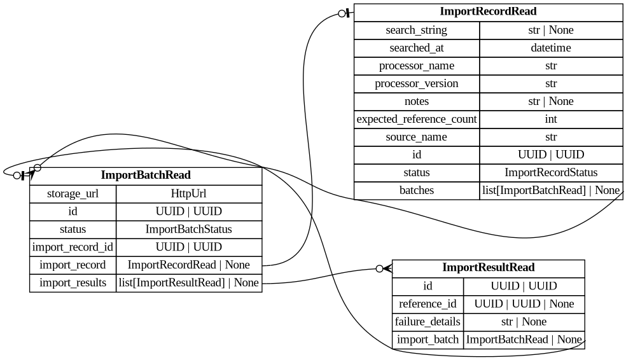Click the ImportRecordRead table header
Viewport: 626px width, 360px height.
coord(488,12)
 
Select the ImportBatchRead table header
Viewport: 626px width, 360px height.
coord(146,176)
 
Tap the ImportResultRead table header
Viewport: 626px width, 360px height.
coord(488,268)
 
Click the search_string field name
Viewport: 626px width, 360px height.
coord(416,30)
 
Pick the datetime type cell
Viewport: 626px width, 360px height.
coord(551,48)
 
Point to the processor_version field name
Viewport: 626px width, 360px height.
coord(416,83)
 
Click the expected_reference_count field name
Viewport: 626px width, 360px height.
coord(416,119)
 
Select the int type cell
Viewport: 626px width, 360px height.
coord(551,119)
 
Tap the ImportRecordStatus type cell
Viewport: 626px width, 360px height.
coord(551,172)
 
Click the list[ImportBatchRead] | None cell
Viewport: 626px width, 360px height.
coord(551,190)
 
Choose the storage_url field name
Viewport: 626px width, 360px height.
coord(73,193)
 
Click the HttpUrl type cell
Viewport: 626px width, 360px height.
coord(189,193)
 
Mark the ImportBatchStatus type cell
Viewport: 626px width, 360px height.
coord(189,229)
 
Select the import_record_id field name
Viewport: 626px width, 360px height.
coord(73,247)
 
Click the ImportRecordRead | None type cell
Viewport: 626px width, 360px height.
coord(189,265)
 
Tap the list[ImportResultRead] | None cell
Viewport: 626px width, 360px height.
coord(189,282)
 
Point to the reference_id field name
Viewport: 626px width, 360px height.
coord(428,304)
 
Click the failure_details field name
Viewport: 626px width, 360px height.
coord(428,322)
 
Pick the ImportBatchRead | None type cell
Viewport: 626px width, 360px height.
coord(524,340)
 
